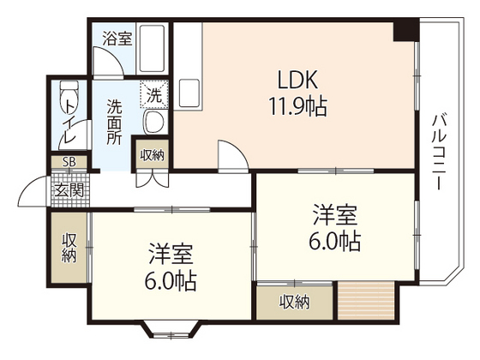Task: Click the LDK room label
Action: coord(297,81)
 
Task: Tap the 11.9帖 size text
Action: coord(297,108)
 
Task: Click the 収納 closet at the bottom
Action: coord(294,302)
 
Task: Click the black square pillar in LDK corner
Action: coord(404,32)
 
